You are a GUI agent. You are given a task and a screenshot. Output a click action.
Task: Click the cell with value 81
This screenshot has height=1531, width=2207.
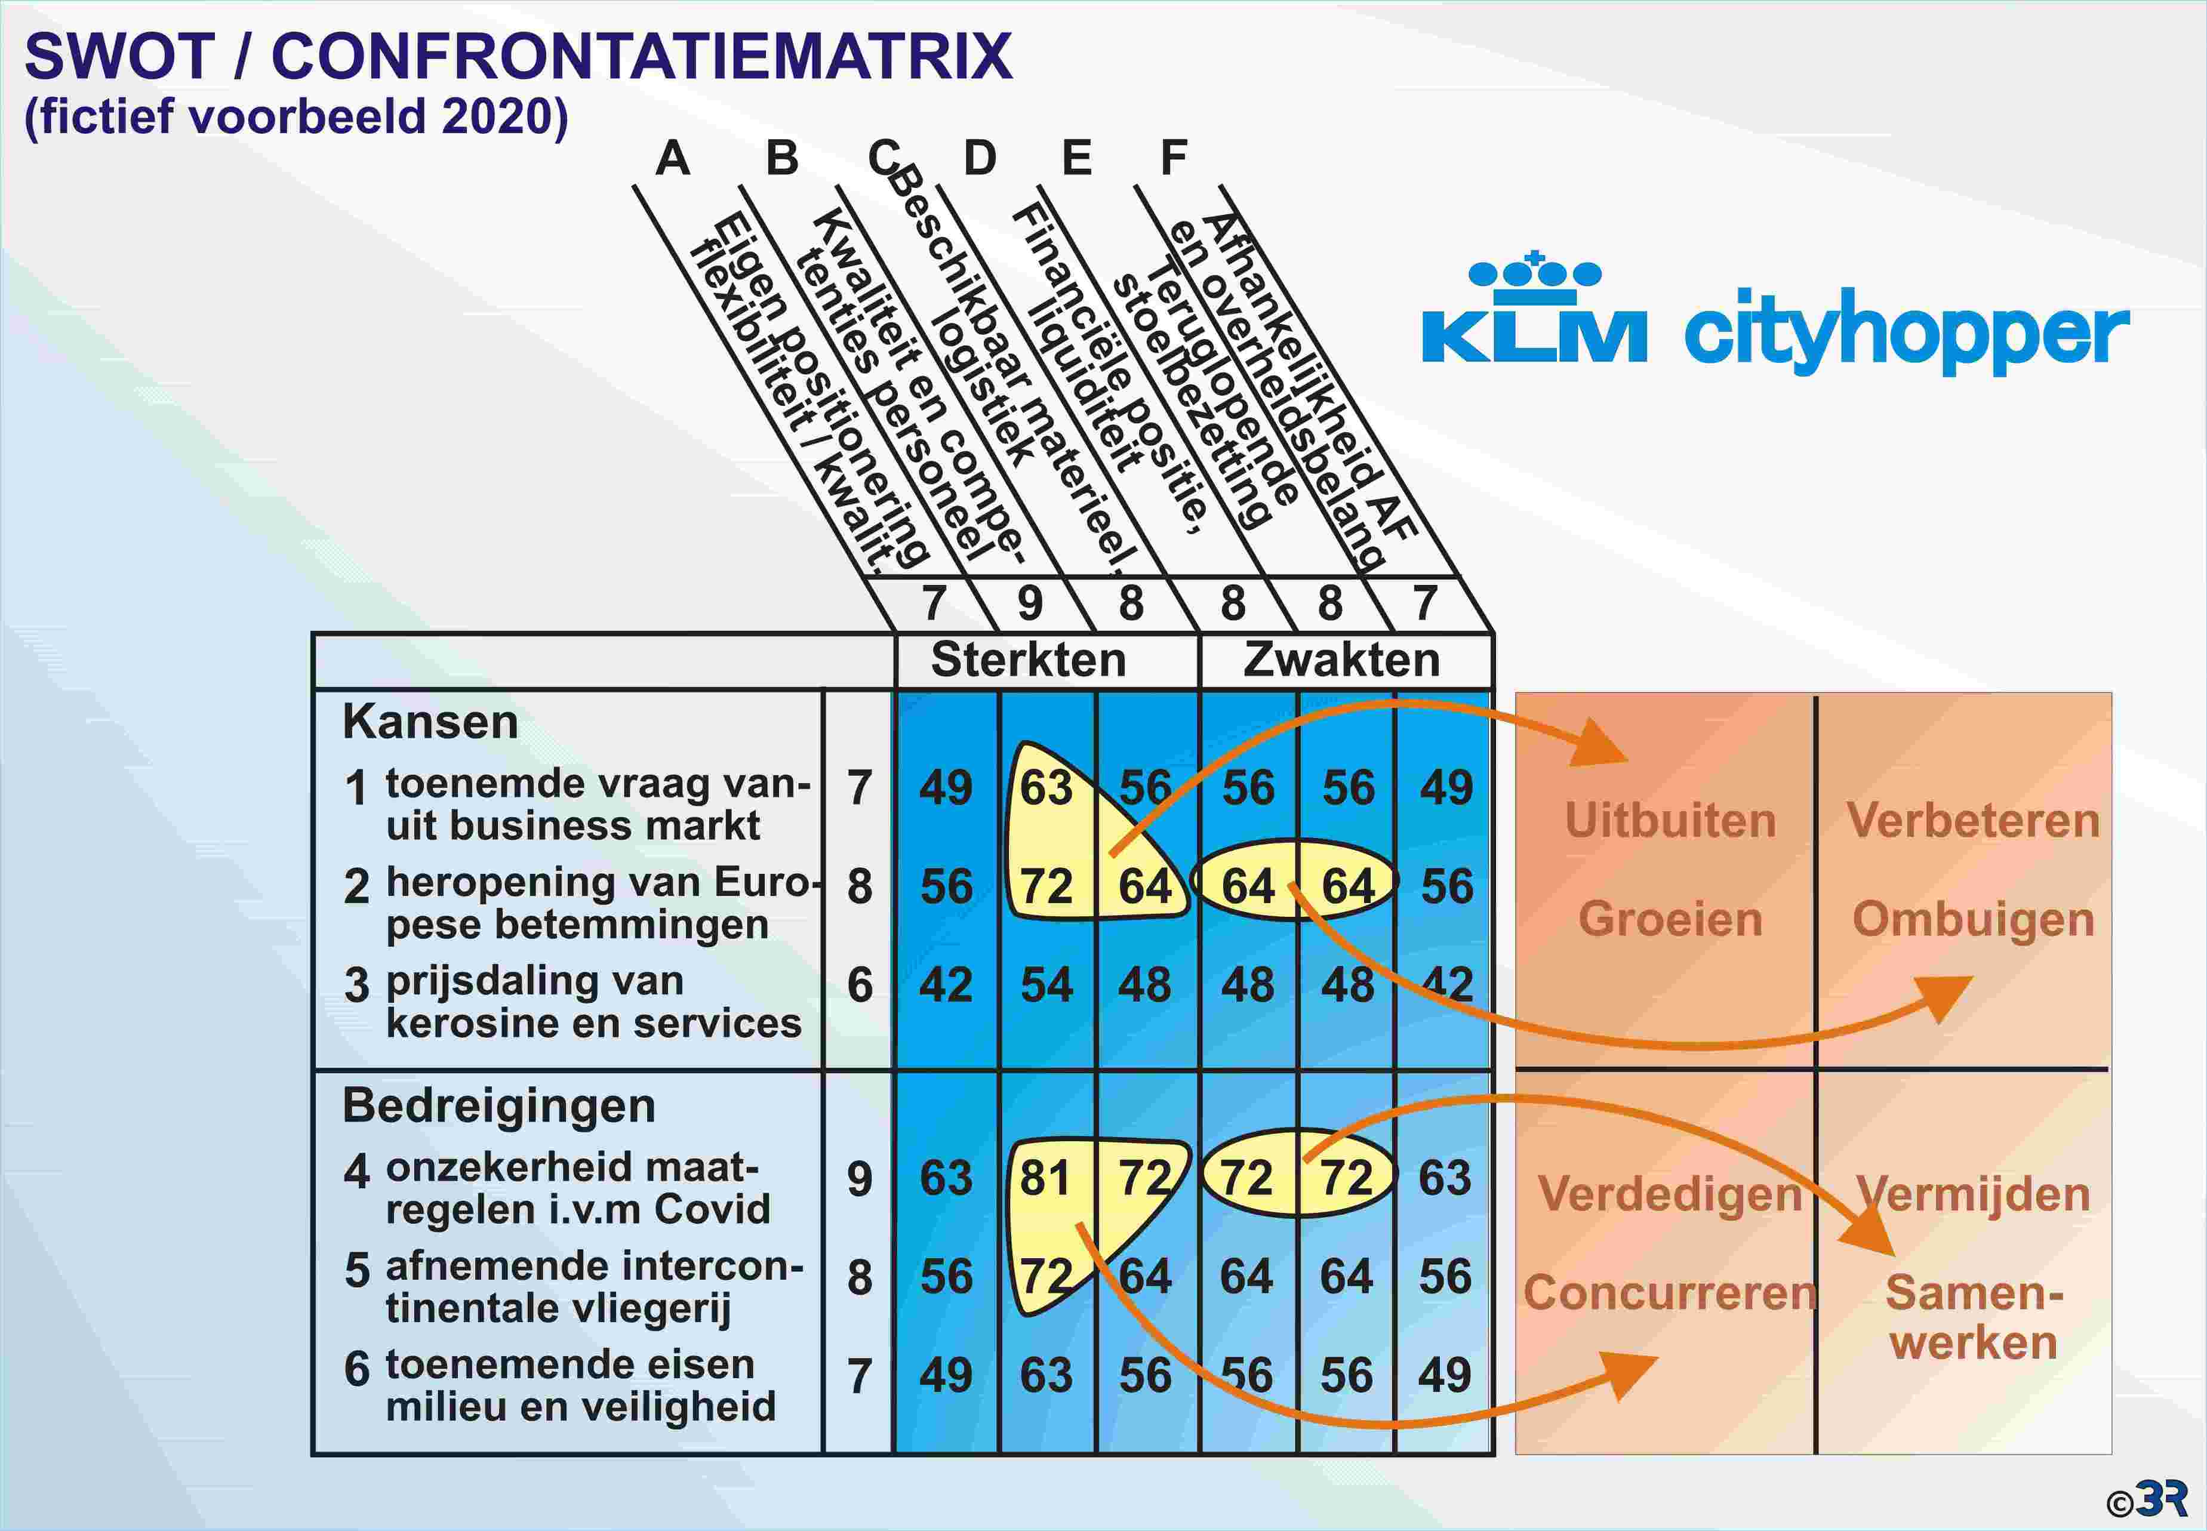[x=1045, y=1178]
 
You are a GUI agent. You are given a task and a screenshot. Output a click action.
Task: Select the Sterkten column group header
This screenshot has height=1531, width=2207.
[x=1028, y=660]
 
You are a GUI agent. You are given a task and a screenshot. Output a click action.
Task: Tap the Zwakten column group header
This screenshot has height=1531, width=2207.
[x=1342, y=660]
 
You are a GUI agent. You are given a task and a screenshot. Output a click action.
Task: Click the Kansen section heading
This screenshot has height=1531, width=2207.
[x=430, y=722]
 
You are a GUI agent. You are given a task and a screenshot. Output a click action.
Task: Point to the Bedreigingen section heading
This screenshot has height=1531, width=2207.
[x=498, y=1106]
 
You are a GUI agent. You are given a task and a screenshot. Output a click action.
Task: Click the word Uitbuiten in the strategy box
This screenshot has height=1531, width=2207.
[x=1670, y=821]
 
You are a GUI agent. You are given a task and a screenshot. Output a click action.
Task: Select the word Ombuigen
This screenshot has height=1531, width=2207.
[x=1973, y=920]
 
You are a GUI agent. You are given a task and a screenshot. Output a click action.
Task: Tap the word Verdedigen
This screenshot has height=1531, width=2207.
[x=1670, y=1195]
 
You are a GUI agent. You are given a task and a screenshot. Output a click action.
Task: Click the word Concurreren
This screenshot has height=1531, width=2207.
[x=1670, y=1293]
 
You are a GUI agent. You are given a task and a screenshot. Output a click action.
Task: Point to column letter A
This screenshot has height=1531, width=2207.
[x=672, y=158]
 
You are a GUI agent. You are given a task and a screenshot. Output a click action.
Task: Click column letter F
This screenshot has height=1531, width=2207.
[x=1174, y=158]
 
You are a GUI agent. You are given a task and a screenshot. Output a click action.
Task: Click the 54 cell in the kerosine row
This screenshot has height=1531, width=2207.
[x=1045, y=985]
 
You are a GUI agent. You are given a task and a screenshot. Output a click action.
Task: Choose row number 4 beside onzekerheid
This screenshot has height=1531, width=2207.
[x=357, y=1171]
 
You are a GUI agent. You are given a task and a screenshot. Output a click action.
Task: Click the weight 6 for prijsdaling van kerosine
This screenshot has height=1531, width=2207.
[x=860, y=985]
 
